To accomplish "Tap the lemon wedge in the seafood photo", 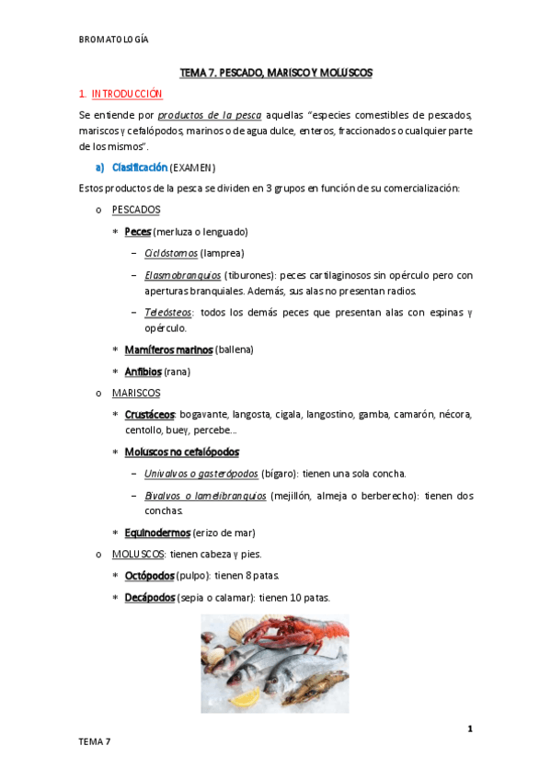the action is tap(245, 698).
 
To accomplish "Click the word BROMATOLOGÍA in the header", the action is tap(114, 40).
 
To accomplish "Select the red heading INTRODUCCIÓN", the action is tap(127, 94).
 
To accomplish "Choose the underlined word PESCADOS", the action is tap(142, 210).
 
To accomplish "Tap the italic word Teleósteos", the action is tap(166, 312).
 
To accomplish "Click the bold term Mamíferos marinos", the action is tap(168, 350).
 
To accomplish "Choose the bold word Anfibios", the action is tap(143, 372).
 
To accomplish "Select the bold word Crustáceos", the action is tap(150, 415).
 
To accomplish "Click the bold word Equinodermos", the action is tap(157, 533).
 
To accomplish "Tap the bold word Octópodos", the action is tap(149, 576).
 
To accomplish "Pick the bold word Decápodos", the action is tap(149, 597).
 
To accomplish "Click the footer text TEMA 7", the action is tap(94, 741).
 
